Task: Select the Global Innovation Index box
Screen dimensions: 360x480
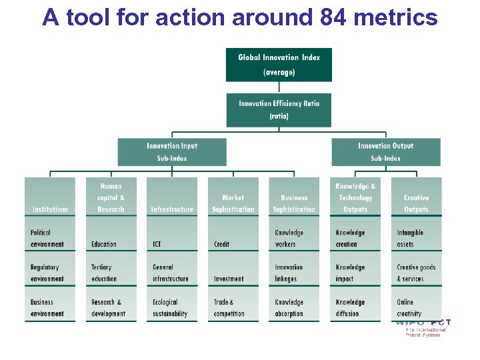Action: coord(279,65)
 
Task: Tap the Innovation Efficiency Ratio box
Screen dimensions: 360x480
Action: coord(279,109)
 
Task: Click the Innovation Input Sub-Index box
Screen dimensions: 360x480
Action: coord(172,152)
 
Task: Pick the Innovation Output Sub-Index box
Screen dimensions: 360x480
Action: coord(385,152)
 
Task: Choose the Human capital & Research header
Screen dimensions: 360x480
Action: coord(111,197)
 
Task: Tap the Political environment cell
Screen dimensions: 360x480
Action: coord(50,238)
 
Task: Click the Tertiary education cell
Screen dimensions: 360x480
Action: coord(111,273)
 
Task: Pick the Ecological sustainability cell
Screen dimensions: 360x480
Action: coord(172,307)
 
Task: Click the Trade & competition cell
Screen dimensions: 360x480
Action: coord(233,307)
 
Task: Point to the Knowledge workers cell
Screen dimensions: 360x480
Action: coord(294,238)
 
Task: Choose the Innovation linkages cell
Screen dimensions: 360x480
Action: coord(294,273)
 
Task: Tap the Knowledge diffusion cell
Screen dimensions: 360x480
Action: coord(355,307)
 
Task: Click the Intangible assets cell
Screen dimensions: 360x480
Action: coord(416,238)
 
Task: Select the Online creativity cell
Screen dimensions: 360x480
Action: coord(416,307)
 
